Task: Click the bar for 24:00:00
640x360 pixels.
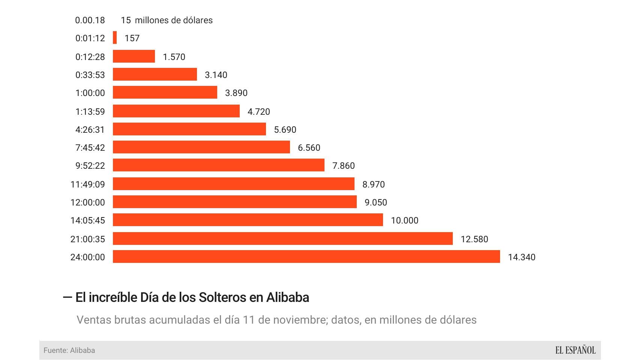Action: [x=306, y=257]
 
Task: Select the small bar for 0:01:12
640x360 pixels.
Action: [x=115, y=38]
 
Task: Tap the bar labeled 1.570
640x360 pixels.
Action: [x=134, y=57]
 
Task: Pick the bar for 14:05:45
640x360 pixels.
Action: [x=248, y=220]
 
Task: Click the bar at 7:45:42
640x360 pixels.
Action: [x=201, y=147]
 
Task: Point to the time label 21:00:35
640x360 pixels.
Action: [x=87, y=239]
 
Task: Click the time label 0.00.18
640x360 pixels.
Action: [x=90, y=20]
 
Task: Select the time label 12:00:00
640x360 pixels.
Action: [x=87, y=202]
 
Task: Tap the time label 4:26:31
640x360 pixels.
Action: [x=90, y=130]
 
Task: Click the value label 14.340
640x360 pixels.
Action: [x=521, y=257]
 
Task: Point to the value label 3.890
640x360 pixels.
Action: [x=236, y=93]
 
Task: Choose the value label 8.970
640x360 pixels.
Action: [x=373, y=184]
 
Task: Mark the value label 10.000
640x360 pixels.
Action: [x=404, y=220]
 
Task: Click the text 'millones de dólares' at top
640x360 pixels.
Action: [x=173, y=20]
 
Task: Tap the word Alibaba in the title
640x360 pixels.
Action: [x=287, y=297]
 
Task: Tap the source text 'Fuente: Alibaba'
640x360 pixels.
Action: [x=69, y=350]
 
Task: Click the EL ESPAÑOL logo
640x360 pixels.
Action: [x=575, y=350]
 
